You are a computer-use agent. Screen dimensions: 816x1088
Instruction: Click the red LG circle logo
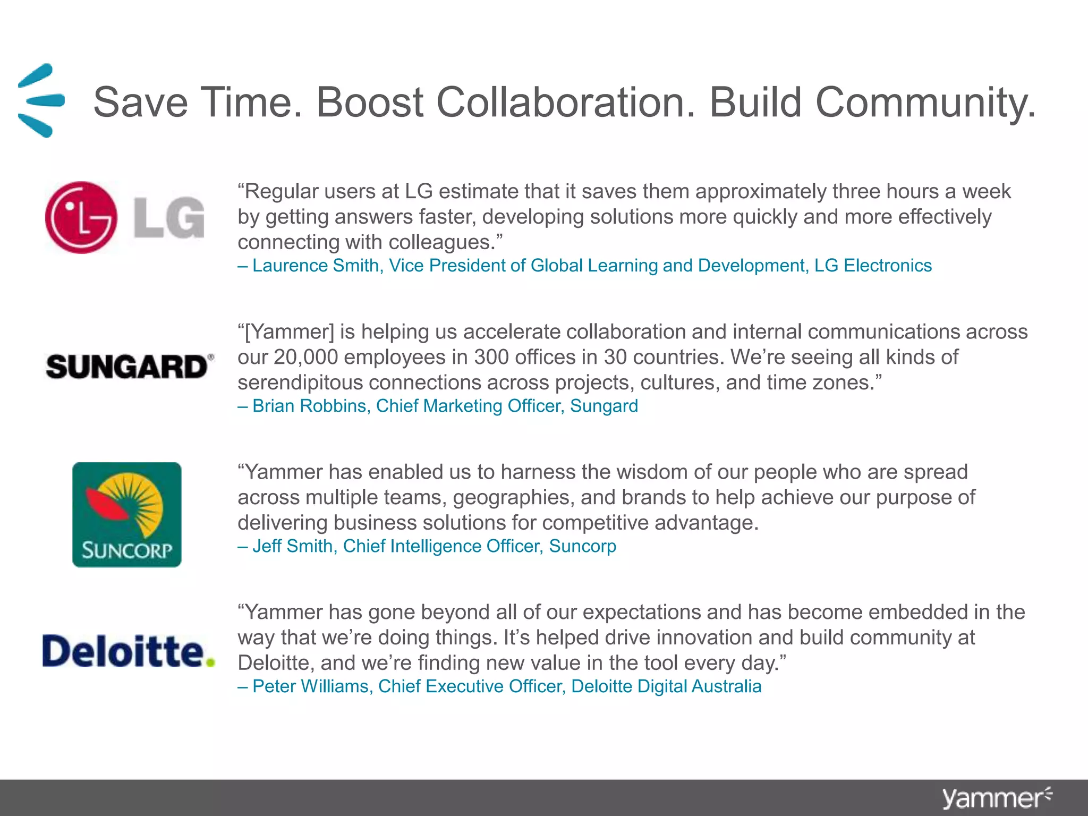[81, 217]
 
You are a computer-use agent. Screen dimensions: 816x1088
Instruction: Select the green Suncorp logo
[127, 514]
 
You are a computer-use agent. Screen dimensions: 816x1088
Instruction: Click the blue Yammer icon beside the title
[40, 100]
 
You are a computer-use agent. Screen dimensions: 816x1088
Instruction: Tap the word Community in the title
[924, 102]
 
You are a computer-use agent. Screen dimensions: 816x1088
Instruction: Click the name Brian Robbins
[309, 406]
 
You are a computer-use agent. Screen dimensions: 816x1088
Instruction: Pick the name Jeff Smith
[292, 546]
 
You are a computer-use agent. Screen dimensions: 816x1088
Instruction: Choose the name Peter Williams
[310, 686]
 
